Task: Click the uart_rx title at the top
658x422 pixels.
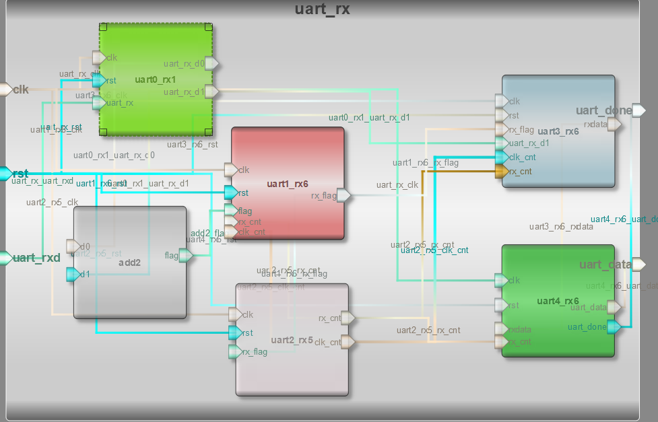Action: [322, 9]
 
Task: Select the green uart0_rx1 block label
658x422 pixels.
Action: [155, 80]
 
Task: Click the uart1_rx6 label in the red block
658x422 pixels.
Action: [288, 183]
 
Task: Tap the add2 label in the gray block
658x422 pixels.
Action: [129, 262]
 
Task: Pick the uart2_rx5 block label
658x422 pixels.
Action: [292, 340]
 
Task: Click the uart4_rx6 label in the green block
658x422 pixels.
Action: [558, 301]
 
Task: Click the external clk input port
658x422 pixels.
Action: [5, 90]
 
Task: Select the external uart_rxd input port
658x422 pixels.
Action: [5, 258]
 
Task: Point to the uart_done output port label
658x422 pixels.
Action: [603, 110]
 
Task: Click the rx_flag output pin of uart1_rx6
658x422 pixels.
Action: [343, 196]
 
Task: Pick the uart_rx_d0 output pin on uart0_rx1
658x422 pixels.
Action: [211, 64]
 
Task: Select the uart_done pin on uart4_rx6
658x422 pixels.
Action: [614, 327]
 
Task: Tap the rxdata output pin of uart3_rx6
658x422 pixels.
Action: [614, 124]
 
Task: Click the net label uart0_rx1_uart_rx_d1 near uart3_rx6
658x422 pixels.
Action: [369, 118]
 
